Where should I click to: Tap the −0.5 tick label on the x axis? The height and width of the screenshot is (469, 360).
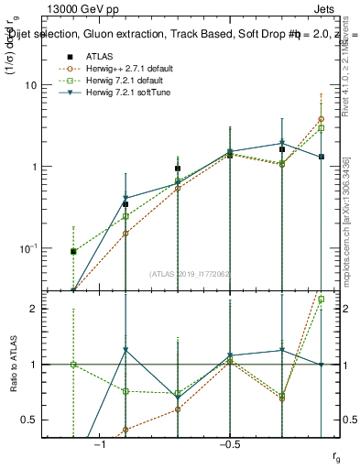(228, 445)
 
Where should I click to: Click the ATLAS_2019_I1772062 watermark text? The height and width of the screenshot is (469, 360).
(190, 273)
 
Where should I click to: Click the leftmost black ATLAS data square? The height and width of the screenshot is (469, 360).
(73, 251)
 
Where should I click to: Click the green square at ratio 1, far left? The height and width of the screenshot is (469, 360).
(73, 365)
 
